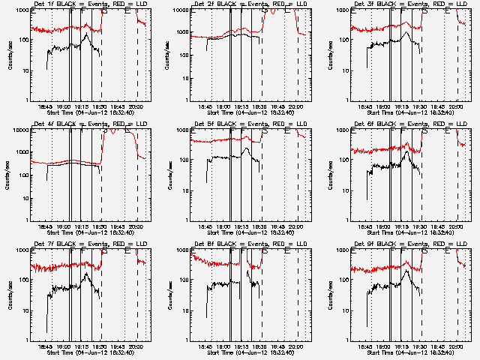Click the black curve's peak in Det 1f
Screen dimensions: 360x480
click(88, 34)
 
